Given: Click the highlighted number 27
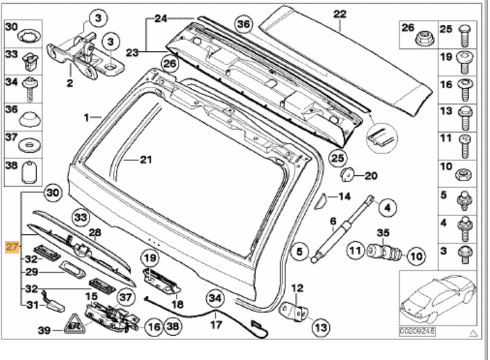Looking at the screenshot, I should pos(12,247).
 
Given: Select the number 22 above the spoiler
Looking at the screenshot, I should pos(340,14).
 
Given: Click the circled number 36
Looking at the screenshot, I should pos(245,24).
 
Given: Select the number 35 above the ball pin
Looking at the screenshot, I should pos(383,233).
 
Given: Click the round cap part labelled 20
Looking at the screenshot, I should pos(348,174).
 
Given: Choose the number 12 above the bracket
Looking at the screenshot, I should pos(297,289).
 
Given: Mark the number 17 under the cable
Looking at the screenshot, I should pos(216,325).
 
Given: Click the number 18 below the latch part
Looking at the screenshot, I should pos(178,304).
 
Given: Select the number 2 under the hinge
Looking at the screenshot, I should pos(70,84).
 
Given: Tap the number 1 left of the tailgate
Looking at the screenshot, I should pos(87,117).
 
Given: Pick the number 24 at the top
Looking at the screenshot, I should pos(161,19).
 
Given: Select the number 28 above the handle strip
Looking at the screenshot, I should pos(95,233).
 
